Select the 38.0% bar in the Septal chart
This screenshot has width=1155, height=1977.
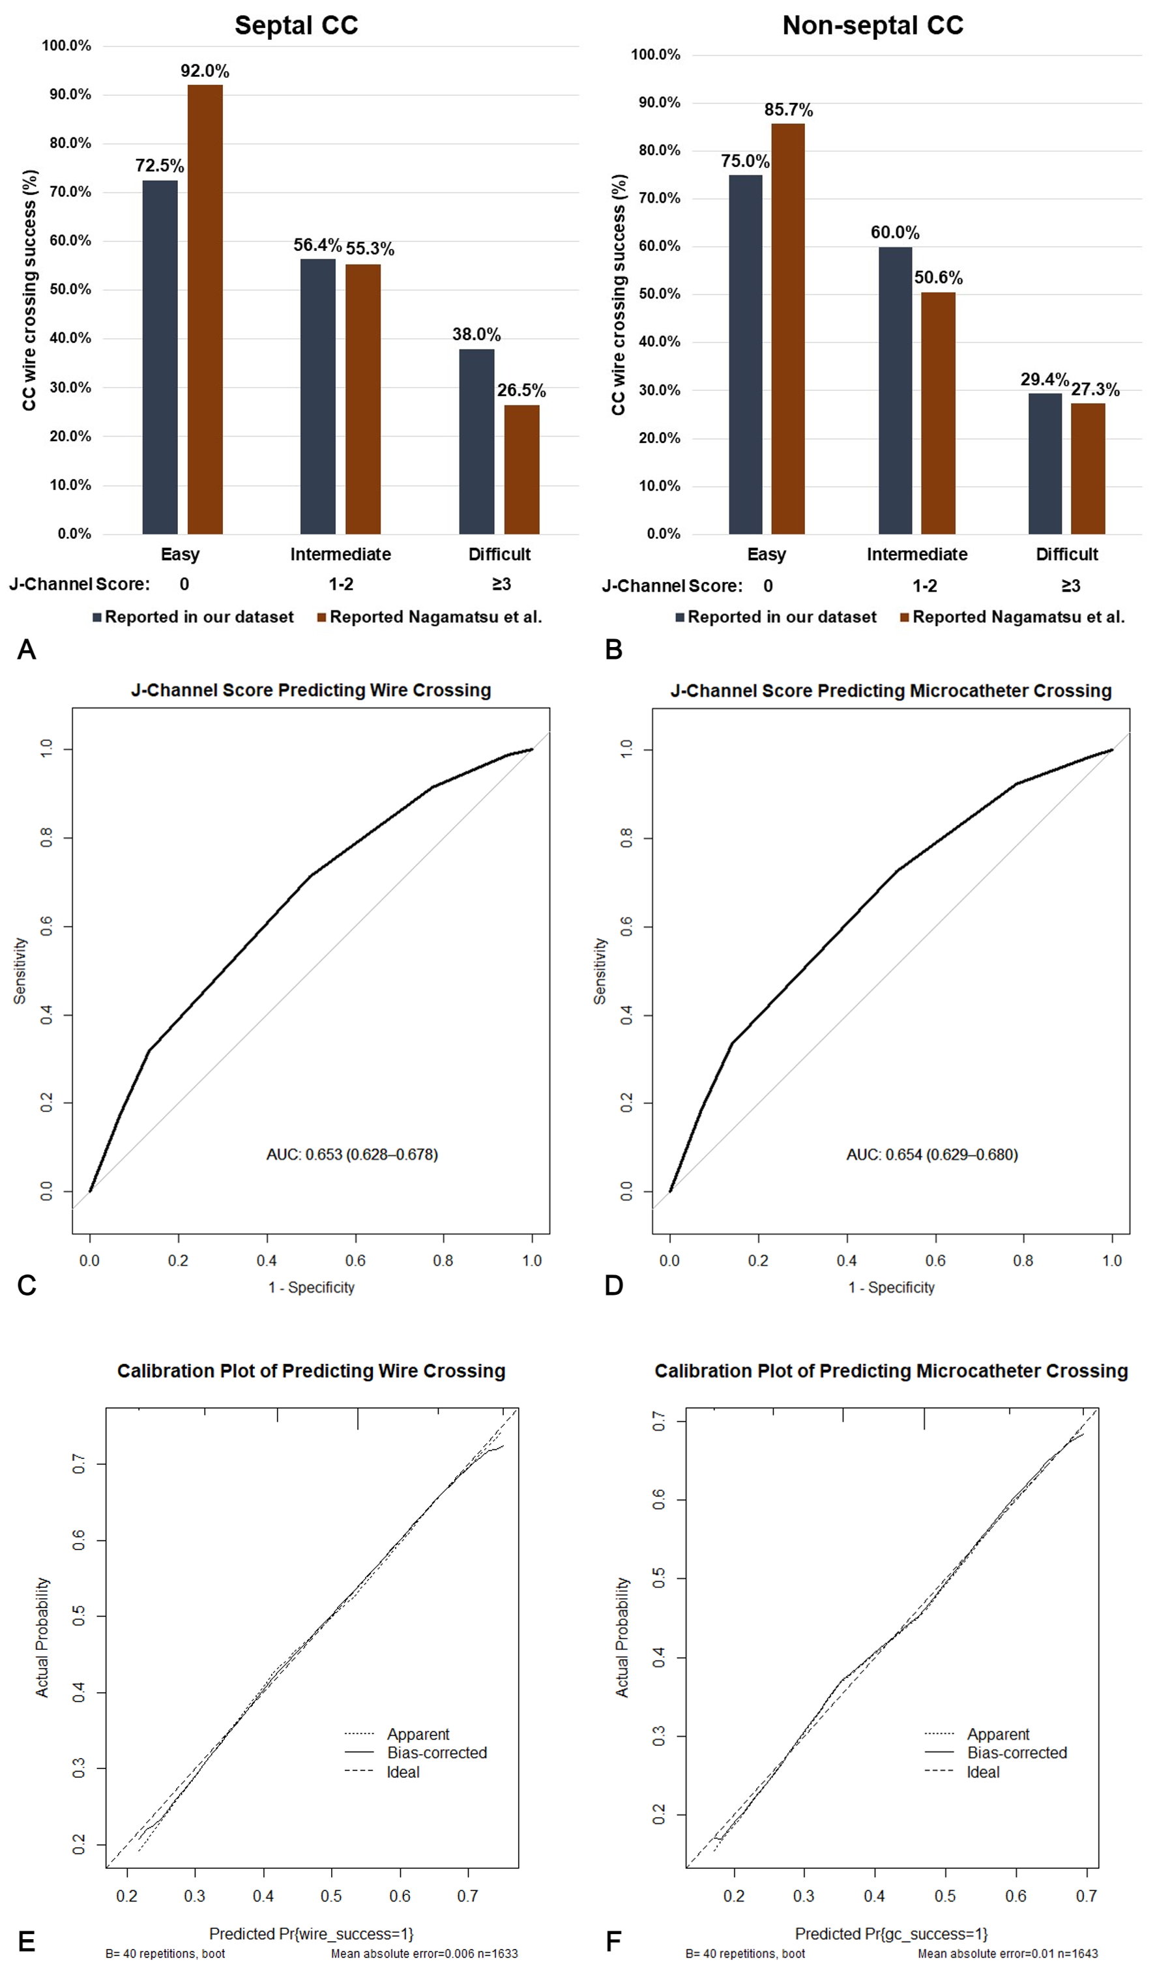[x=476, y=441]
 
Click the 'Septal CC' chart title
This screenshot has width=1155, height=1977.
[x=296, y=25]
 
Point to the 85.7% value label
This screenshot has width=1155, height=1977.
[x=789, y=110]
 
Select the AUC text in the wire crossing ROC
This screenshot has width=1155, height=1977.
[x=351, y=1154]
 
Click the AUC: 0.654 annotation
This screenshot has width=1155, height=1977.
[x=931, y=1154]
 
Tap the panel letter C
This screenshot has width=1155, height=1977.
[x=27, y=1285]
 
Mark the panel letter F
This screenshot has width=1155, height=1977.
[x=613, y=1942]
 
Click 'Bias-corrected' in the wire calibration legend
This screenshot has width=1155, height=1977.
[x=436, y=1753]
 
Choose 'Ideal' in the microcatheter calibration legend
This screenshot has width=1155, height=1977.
[x=983, y=1772]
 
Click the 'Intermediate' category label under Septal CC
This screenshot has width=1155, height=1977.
[x=340, y=554]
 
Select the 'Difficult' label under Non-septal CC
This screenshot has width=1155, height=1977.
[x=1066, y=554]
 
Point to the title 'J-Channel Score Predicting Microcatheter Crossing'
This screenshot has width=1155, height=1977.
[x=890, y=690]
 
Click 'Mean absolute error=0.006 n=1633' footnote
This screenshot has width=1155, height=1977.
[x=424, y=1954]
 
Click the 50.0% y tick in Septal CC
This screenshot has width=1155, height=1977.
[x=70, y=289]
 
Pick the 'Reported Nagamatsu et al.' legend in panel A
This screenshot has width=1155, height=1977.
[x=435, y=616]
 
